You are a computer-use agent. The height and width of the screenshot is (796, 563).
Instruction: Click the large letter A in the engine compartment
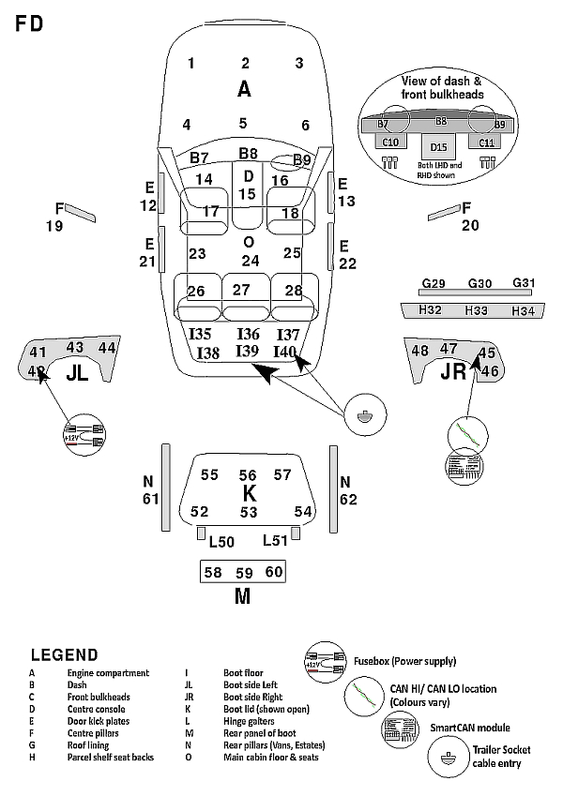[x=244, y=90]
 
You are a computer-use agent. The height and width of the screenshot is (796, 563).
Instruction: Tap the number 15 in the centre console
[x=247, y=194]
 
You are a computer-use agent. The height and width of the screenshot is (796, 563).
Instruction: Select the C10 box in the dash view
[x=390, y=143]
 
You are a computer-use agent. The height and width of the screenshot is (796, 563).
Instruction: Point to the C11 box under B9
[x=487, y=143]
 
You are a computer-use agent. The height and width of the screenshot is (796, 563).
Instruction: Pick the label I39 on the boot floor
[x=247, y=351]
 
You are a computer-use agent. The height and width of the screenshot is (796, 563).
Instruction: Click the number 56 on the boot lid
[x=248, y=475]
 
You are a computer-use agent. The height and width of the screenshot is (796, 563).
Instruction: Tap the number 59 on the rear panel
[x=244, y=572]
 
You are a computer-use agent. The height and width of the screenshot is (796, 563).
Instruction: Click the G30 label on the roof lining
[x=479, y=283]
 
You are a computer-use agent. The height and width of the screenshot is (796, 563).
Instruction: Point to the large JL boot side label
[x=77, y=373]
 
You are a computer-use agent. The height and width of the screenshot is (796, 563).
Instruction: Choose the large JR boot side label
[x=453, y=373]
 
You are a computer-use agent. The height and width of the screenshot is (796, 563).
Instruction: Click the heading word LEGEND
[x=64, y=654]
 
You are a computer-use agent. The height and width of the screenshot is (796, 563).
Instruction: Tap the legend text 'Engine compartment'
[x=108, y=673]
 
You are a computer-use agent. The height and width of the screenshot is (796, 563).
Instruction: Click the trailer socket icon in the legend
[x=447, y=756]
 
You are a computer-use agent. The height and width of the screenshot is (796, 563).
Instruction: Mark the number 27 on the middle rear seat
[x=242, y=290]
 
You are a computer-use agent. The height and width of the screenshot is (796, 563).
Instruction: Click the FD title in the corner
[x=29, y=24]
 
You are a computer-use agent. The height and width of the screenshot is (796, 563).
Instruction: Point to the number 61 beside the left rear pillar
[x=150, y=499]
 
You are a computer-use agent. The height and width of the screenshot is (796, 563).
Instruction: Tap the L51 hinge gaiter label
[x=275, y=540]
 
